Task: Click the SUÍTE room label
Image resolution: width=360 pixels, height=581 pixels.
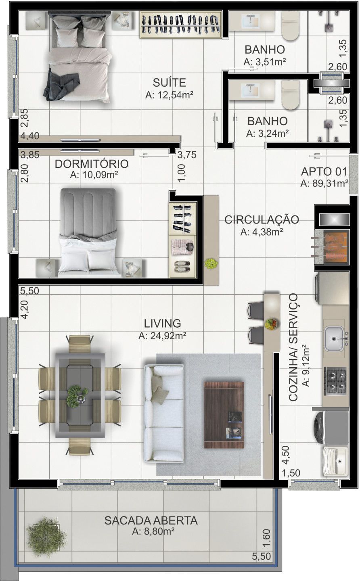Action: (x=169, y=83)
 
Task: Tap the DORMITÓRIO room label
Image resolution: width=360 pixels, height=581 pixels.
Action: (x=92, y=164)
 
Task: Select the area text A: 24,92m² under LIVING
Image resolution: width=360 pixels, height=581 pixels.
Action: (x=163, y=335)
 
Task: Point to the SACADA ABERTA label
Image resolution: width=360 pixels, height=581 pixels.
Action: (x=151, y=520)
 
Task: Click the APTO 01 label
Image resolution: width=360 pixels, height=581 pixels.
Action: (x=324, y=171)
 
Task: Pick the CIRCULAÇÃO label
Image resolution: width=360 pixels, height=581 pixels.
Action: (x=262, y=220)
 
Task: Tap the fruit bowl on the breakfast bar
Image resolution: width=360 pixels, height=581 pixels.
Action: (x=271, y=323)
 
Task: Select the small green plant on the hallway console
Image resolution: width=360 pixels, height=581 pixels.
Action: (x=211, y=263)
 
